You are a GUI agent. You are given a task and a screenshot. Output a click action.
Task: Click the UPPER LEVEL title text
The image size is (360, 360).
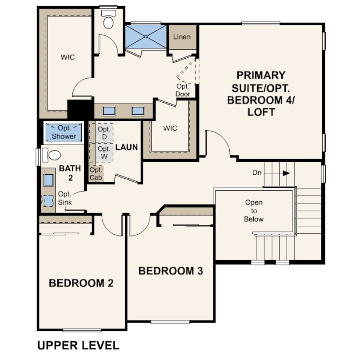(78, 345)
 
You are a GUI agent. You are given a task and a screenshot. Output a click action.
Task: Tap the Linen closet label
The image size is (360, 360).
(182, 37)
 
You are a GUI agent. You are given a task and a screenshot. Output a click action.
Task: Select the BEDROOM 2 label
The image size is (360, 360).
(81, 283)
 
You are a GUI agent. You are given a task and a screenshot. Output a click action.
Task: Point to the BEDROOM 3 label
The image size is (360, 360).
(171, 271)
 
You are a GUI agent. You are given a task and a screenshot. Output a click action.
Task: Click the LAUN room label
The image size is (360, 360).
(127, 147)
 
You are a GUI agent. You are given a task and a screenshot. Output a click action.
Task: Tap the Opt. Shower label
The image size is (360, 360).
(64, 132)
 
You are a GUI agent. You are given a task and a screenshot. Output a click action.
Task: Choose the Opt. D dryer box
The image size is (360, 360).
(104, 133)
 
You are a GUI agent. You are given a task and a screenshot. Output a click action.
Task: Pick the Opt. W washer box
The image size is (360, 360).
(104, 153)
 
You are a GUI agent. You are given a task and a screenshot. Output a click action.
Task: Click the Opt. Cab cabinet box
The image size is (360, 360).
(96, 174)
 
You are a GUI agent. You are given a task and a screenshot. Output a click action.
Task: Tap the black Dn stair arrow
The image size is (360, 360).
(286, 173)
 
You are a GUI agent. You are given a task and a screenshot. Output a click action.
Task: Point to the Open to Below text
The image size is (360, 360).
(254, 211)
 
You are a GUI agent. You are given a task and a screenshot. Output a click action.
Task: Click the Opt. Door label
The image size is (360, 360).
(183, 90)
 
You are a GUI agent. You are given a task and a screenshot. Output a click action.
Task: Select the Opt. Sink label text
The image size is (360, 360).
(65, 198)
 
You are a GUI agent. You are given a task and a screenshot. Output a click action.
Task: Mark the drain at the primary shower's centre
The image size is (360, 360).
(146, 36)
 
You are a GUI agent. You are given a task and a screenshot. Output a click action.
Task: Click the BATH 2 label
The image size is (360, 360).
(70, 173)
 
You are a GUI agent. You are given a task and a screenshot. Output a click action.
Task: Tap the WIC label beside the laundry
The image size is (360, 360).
(170, 128)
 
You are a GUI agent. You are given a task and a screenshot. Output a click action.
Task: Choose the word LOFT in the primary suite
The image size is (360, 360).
(261, 112)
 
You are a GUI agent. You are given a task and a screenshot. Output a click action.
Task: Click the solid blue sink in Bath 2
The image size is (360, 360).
(48, 180)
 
